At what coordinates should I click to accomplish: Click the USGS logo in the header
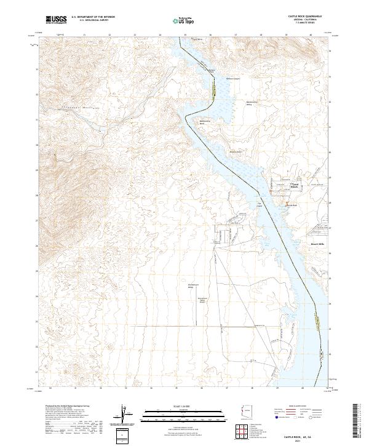coord(55,20)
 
